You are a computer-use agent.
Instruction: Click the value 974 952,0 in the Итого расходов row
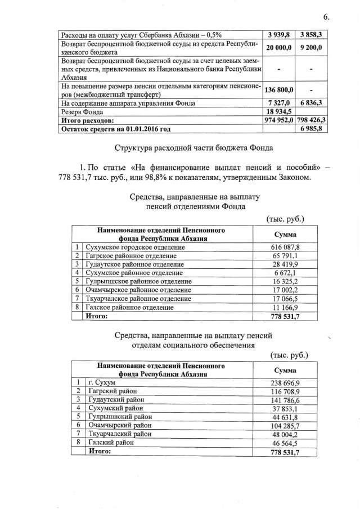pyautogui.click(x=279, y=120)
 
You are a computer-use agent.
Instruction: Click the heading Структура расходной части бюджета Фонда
pyautogui.click(x=194, y=148)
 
